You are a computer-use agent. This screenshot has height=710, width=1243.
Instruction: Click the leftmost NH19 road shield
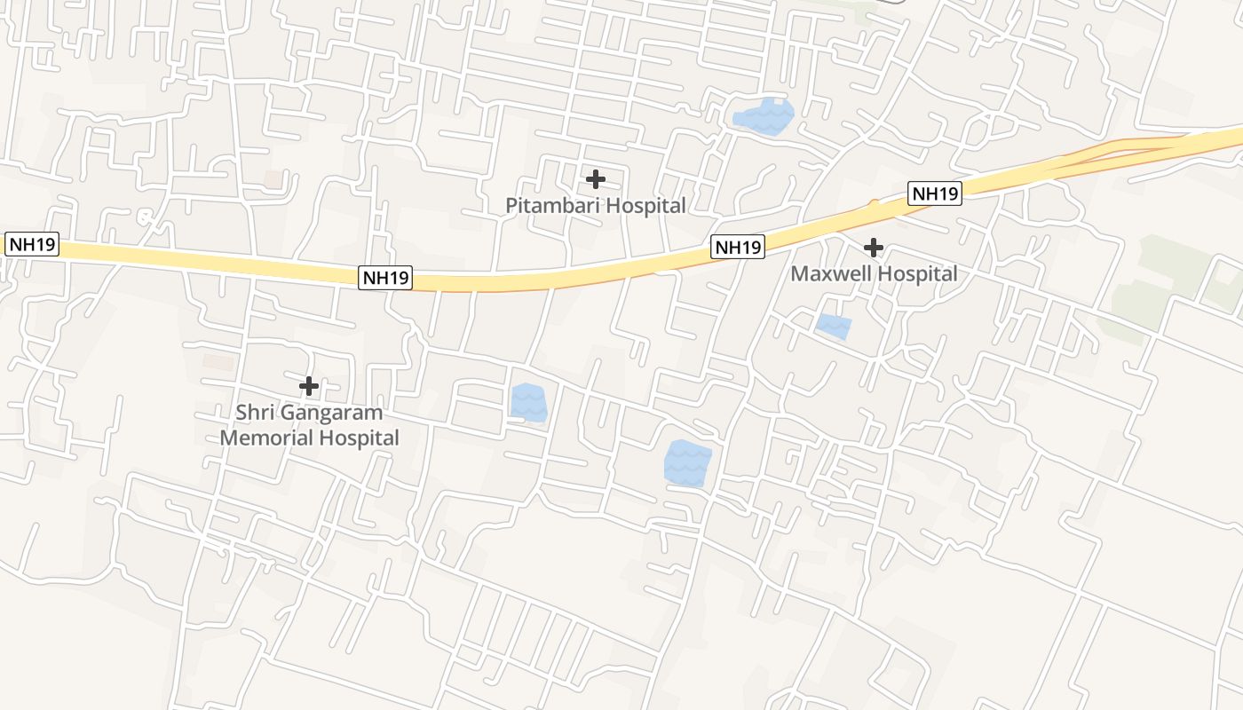[32, 244]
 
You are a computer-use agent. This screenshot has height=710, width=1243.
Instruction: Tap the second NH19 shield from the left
[386, 278]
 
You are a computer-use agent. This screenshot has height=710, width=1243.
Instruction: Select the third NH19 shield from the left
[738, 248]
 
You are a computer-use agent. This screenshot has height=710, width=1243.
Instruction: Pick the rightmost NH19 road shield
[935, 193]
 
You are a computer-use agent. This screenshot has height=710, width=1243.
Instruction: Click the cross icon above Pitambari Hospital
[596, 179]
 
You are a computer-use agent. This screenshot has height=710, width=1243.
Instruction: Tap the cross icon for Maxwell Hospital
[874, 248]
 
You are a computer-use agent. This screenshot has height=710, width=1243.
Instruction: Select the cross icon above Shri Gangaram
[309, 386]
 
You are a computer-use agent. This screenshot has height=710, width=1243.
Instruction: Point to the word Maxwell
[827, 274]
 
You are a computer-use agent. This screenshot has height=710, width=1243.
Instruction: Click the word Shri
[254, 413]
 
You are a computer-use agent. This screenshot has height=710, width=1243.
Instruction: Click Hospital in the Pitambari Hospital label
[642, 206]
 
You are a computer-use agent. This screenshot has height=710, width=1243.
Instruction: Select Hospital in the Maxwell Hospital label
[915, 274]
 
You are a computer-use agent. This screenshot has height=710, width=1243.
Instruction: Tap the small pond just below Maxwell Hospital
[834, 327]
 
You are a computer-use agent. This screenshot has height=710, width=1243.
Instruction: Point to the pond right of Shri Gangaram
[529, 403]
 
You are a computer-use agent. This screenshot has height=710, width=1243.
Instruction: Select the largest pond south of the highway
[688, 463]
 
